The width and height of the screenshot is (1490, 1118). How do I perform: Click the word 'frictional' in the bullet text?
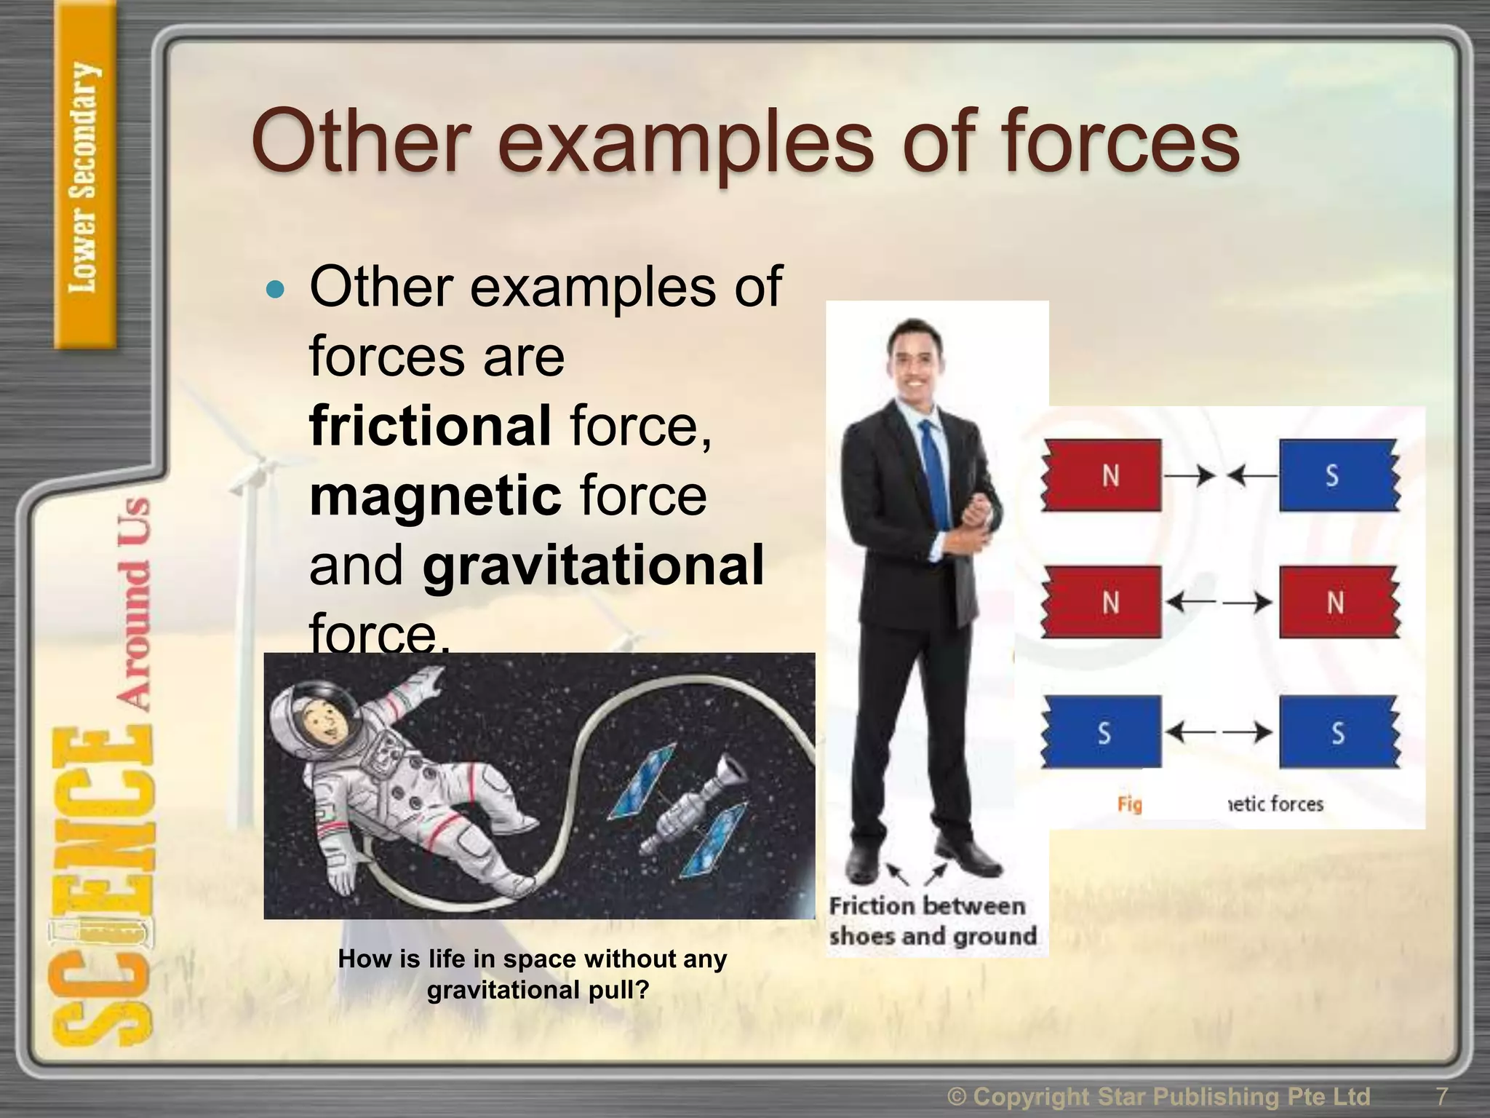pyautogui.click(x=429, y=426)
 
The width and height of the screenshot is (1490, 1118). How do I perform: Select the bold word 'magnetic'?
pyautogui.click(x=435, y=496)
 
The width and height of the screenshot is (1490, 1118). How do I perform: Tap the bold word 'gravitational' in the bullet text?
pyautogui.click(x=593, y=566)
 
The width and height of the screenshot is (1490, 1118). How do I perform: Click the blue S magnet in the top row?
pyautogui.click(x=1337, y=475)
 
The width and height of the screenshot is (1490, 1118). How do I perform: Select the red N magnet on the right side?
pyautogui.click(x=1337, y=603)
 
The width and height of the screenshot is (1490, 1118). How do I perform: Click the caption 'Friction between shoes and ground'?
pyautogui.click(x=933, y=921)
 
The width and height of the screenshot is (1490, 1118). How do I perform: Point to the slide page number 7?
pyautogui.click(x=1441, y=1096)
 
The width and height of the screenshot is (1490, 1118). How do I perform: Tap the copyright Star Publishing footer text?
pyautogui.click(x=1158, y=1096)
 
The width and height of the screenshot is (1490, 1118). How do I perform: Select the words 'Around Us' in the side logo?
pyautogui.click(x=134, y=604)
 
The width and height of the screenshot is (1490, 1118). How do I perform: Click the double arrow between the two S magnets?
pyautogui.click(x=1219, y=732)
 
